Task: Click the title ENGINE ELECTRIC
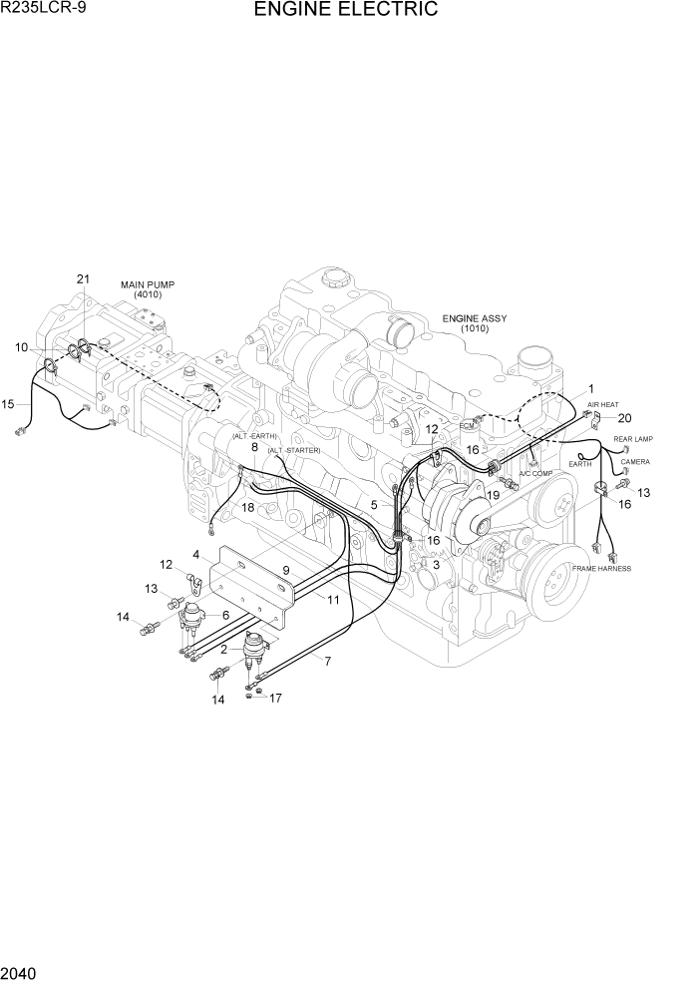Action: click(345, 11)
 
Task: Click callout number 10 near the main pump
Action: click(21, 347)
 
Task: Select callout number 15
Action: click(8, 404)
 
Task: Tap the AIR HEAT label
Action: click(602, 405)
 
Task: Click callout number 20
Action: click(625, 418)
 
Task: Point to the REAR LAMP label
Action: click(632, 439)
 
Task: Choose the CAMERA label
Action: click(635, 462)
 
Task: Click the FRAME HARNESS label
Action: click(601, 568)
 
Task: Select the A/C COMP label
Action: click(535, 473)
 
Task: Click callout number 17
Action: click(276, 698)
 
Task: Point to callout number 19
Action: click(493, 494)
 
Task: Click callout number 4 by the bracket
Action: click(196, 554)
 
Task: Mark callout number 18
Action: click(247, 508)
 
